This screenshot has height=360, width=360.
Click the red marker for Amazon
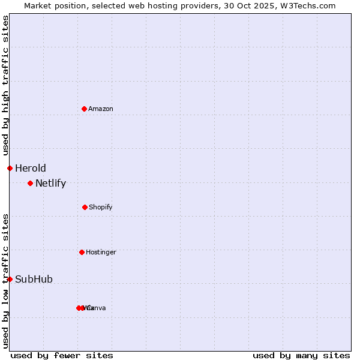click(x=84, y=109)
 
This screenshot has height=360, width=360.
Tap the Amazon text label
click(x=100, y=109)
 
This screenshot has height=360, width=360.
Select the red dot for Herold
click(x=10, y=168)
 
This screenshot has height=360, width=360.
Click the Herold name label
click(x=30, y=168)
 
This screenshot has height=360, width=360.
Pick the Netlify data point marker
click(x=30, y=183)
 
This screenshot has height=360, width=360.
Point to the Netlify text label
click(x=50, y=183)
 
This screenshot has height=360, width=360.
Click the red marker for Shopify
click(x=85, y=207)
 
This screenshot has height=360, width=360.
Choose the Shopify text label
click(x=100, y=207)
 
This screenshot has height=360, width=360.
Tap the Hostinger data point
click(x=82, y=252)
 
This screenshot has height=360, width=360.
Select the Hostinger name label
click(x=101, y=252)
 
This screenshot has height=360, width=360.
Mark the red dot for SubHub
click(x=10, y=279)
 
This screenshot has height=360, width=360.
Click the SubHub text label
click(x=34, y=279)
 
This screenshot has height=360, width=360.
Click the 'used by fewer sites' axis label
click(x=62, y=355)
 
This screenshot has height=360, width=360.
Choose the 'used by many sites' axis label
click(x=301, y=355)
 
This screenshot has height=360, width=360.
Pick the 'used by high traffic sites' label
click(x=5, y=85)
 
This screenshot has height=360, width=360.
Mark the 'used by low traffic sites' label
click(x=5, y=280)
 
